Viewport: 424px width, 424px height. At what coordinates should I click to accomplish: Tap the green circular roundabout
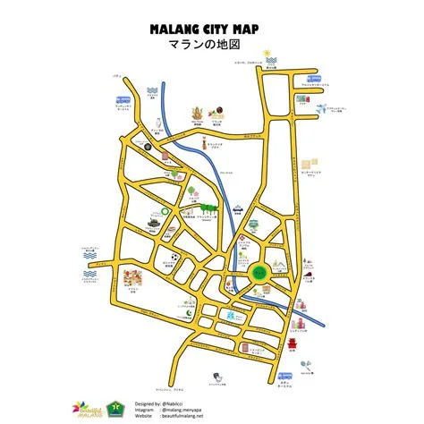(x=259, y=271)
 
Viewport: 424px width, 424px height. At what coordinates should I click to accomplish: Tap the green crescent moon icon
(x=174, y=172)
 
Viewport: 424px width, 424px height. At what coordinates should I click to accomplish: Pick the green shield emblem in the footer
(x=114, y=408)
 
